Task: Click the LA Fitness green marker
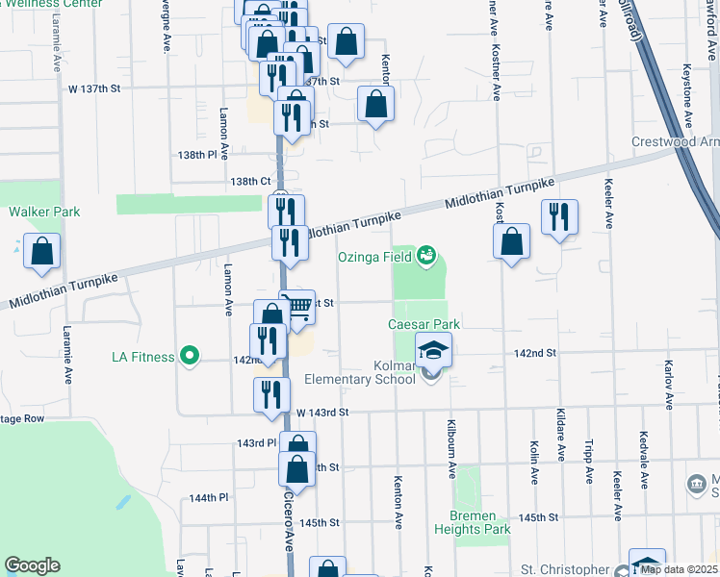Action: [190, 357]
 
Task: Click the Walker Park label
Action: [44, 212]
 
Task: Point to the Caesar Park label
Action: [424, 324]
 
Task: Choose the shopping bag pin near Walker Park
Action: [42, 252]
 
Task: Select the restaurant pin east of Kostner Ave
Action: [558, 217]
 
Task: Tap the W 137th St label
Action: [92, 88]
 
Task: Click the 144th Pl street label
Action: [208, 498]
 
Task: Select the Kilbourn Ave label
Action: [452, 448]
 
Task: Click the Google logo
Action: [32, 565]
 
